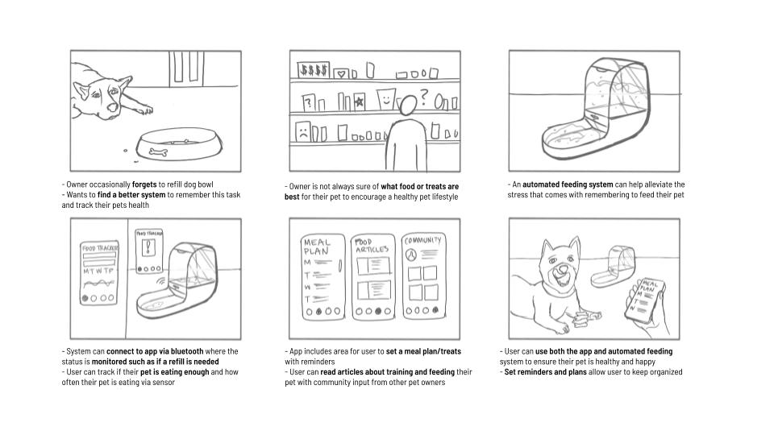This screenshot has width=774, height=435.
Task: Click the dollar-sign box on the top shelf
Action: pos(313,70)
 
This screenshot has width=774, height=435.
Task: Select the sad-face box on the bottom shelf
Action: pos(302,130)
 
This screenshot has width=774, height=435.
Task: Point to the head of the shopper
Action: pos(410,106)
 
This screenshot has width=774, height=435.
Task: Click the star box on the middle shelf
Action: pos(359,101)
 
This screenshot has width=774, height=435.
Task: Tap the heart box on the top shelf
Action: pos(342,72)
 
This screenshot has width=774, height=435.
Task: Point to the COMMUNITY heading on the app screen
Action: pos(422,239)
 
